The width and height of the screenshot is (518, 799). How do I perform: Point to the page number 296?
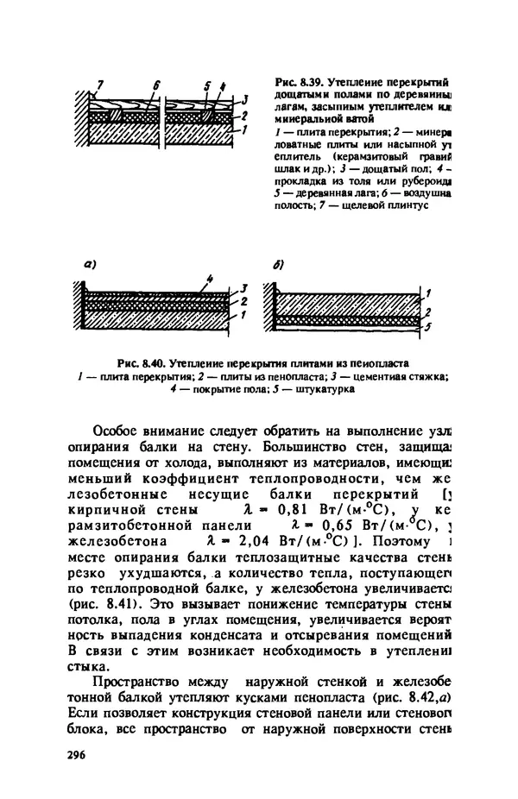click(77, 753)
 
